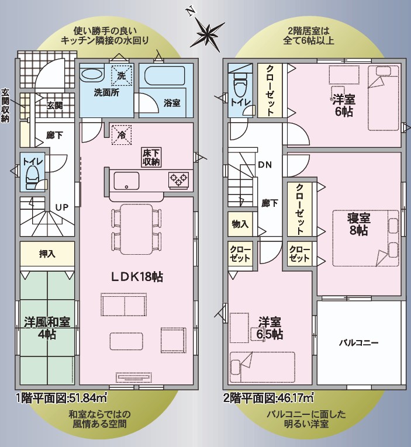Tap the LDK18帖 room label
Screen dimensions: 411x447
point(137,277)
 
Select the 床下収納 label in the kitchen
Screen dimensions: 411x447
point(151,157)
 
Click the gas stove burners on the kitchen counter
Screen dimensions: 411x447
point(178,180)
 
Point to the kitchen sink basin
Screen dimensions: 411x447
point(126,181)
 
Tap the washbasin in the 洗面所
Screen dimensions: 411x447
point(92,76)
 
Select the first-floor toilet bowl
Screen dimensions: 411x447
point(32,177)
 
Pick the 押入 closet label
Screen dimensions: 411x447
point(47,254)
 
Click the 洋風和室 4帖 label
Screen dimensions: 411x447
point(47,328)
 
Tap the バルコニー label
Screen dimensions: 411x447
point(358,342)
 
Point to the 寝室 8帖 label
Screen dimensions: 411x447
point(358,224)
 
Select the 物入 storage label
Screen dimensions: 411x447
point(240,224)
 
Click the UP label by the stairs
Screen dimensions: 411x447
point(62,207)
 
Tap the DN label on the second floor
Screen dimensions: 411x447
point(265,165)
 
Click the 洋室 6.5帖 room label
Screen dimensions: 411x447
point(270,328)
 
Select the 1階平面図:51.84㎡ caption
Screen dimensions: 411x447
point(62,398)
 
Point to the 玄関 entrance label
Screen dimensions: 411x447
point(54,106)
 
